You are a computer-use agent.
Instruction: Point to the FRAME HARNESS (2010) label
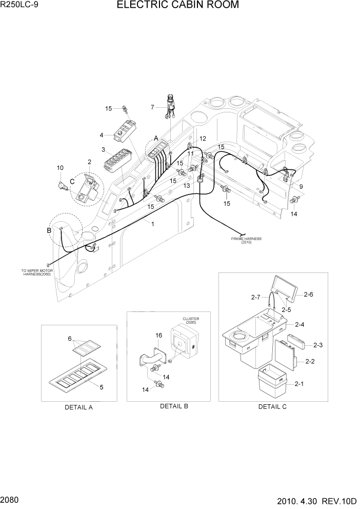pos(246,240)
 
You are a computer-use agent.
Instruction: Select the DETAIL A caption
pos(78,407)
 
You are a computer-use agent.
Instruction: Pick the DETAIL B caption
pos(174,406)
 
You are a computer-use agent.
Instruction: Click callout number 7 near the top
pos(152,107)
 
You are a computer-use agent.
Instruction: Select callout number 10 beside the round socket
pos(60,168)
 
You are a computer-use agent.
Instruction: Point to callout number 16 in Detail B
pos(159,335)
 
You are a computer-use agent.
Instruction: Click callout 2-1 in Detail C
pos(298,383)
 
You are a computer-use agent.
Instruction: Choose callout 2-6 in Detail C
pos(308,294)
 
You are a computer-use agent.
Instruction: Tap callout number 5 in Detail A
pos(102,387)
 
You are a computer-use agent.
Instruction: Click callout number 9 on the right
pos(301,187)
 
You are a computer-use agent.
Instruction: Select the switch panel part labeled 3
pos(116,160)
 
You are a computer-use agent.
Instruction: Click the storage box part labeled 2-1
pos(274,381)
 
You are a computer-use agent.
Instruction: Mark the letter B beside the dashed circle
pos(49,230)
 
